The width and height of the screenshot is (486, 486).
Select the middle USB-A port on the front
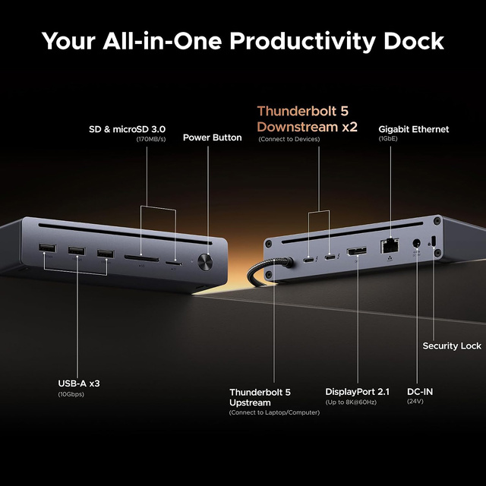pos(77,251)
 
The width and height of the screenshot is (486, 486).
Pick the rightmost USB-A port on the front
pos(104,254)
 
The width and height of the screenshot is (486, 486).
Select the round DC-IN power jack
pos(416,245)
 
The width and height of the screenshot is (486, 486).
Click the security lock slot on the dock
pos(433,242)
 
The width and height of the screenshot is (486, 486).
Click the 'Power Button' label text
pos(212,137)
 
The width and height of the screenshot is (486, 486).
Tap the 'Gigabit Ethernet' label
pos(413,129)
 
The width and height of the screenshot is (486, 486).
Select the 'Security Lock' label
pos(451,346)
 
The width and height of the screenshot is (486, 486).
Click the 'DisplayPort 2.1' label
pos(357,392)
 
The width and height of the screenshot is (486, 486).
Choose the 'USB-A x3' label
pos(79,383)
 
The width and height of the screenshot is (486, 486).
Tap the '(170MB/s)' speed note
pos(151,140)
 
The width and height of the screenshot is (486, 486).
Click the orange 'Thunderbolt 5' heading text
pos(302,111)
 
